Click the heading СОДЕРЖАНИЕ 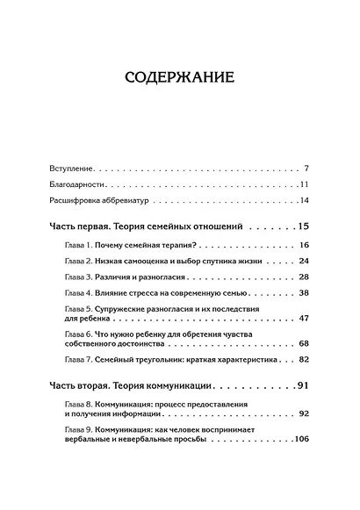tap(180, 76)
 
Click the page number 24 tap(304, 262)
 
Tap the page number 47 tap(304, 318)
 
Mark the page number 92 tap(304, 412)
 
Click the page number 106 tap(300, 438)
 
